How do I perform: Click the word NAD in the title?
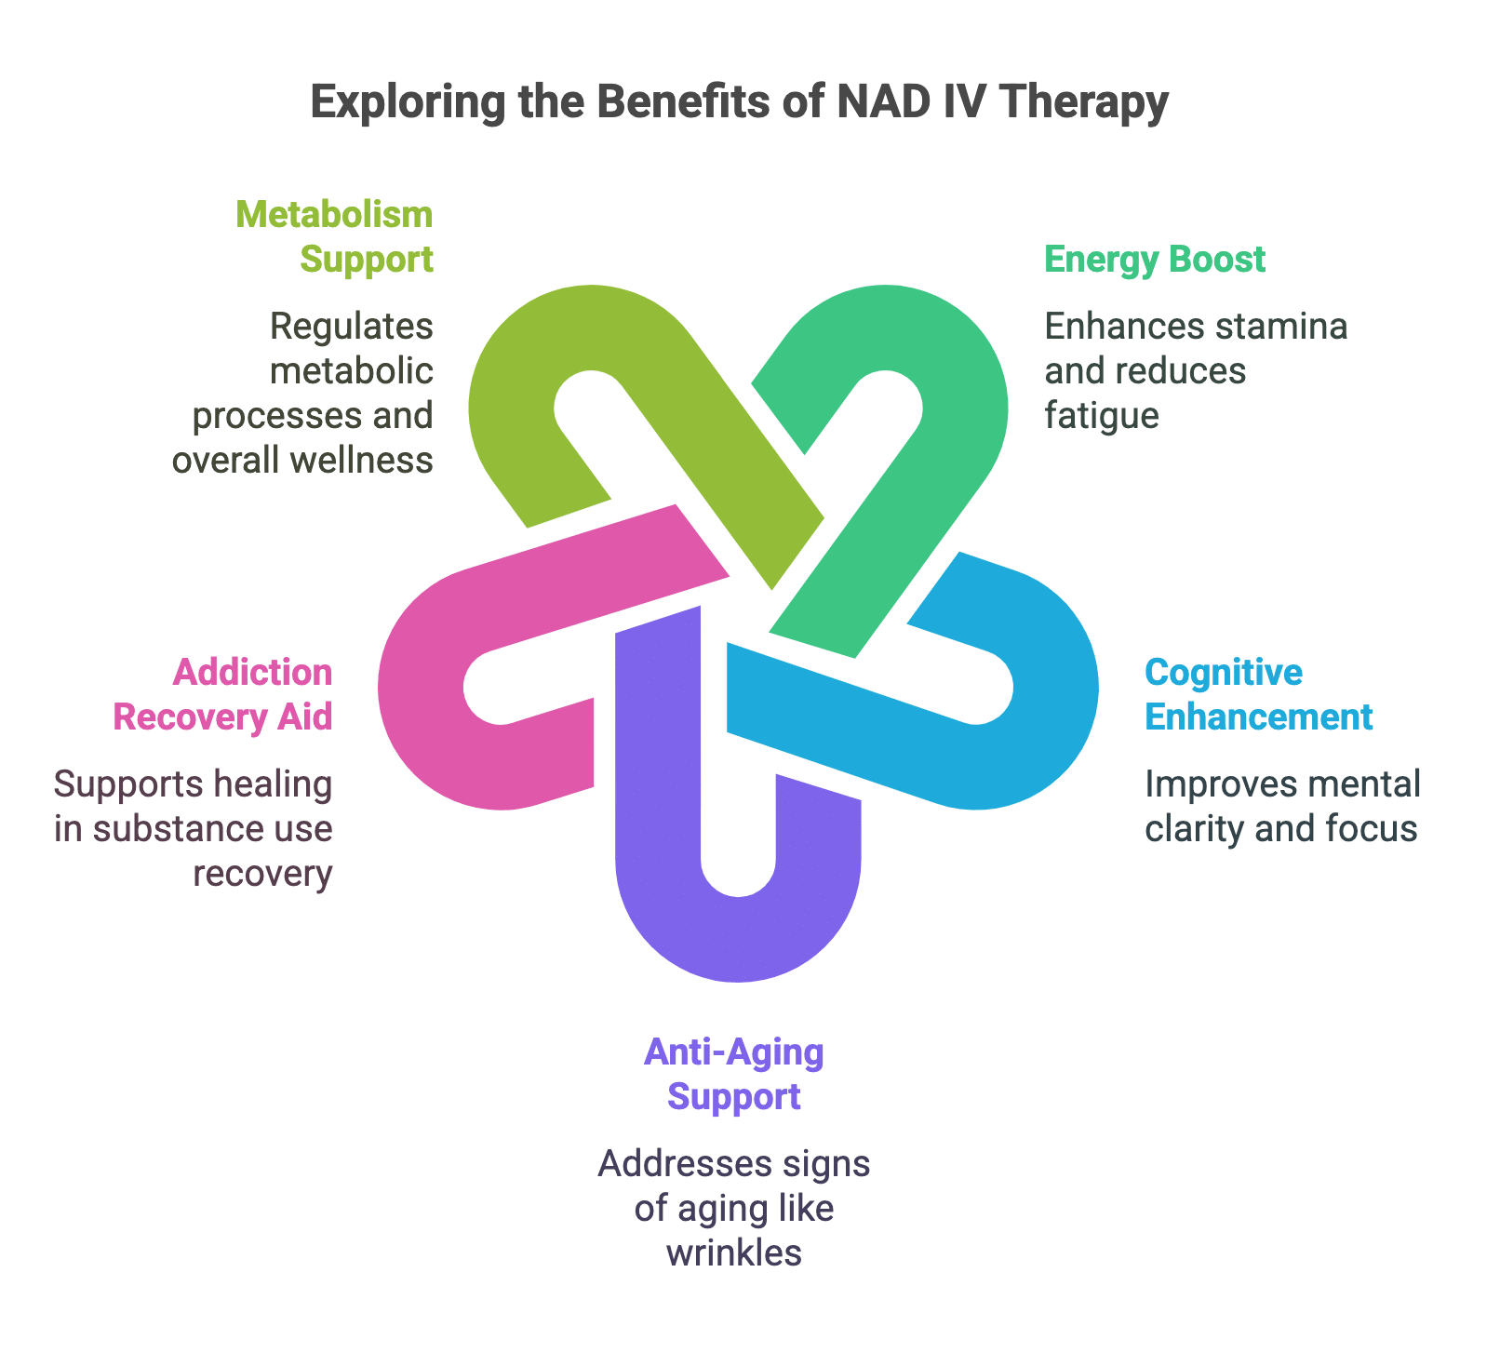point(884,101)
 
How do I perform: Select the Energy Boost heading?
point(1155,259)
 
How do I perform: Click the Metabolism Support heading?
point(335,236)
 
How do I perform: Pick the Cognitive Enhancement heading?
point(1258,694)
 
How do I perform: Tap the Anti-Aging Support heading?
point(734,1074)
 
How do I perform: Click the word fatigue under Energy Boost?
point(1102,415)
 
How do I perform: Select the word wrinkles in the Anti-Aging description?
point(734,1252)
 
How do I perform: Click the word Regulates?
point(352,326)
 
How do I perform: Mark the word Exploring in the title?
point(408,101)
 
